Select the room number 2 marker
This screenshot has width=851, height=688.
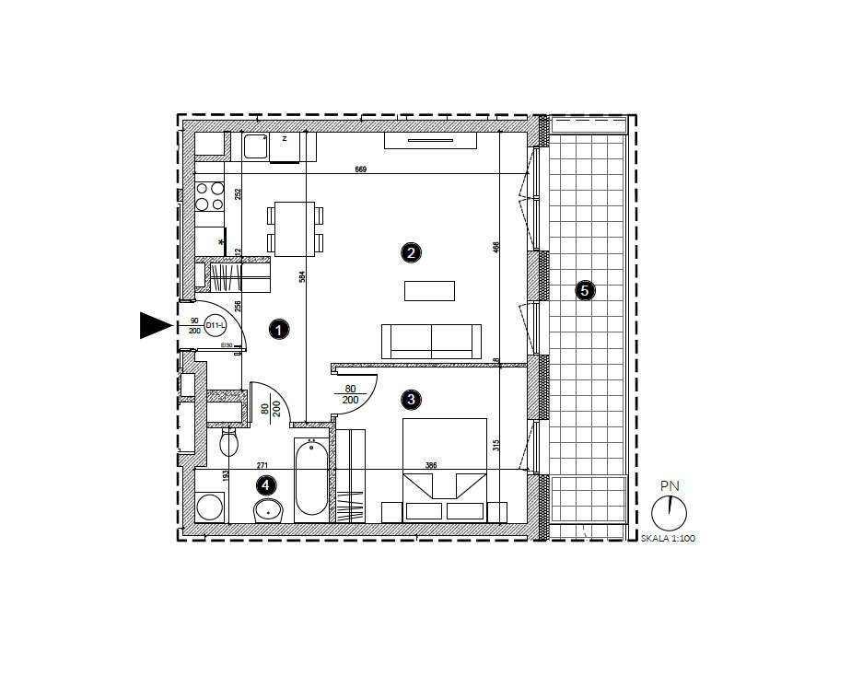tap(411, 251)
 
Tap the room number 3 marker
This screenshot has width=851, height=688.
tap(411, 399)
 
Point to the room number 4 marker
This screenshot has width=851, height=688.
tap(265, 484)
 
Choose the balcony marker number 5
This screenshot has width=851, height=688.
tap(584, 291)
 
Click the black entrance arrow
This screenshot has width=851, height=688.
tap(156, 325)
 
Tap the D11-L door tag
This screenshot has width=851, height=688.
tap(216, 324)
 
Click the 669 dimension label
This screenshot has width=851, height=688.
tap(360, 169)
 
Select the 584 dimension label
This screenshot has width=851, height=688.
tap(301, 276)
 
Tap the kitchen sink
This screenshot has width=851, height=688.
tap(255, 146)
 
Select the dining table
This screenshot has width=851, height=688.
tap(295, 228)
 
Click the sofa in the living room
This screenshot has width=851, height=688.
tap(432, 341)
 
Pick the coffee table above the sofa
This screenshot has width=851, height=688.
tap(429, 291)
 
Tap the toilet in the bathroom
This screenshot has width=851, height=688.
tap(230, 445)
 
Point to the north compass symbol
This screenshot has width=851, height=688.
tap(670, 511)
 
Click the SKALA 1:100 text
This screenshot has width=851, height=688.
tap(668, 538)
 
